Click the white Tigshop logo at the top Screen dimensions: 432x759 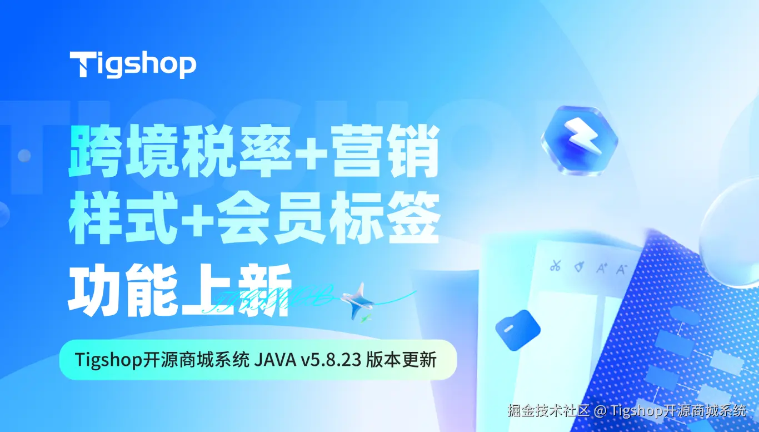coord(133,64)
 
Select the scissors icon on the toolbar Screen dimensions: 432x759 coord(555,266)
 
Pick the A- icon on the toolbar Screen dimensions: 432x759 coord(621,269)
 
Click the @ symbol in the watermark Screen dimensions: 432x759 coord(600,412)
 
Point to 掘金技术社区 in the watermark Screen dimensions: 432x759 coord(547,411)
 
